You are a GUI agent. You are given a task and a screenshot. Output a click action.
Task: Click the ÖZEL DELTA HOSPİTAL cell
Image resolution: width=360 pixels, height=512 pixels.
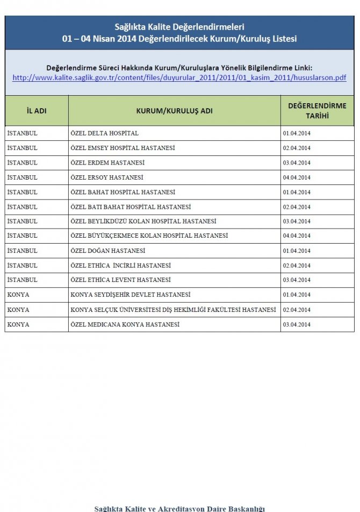coord(104,133)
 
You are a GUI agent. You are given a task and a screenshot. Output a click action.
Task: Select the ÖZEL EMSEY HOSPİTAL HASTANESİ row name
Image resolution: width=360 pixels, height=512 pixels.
coord(123,148)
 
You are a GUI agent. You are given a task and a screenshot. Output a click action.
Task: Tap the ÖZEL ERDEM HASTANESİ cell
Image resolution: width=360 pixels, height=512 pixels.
coord(107,162)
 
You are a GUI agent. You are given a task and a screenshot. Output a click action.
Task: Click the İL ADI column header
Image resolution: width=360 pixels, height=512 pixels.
coord(37,111)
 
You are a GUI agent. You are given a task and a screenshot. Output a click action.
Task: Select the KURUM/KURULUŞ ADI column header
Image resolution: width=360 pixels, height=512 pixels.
coord(174,111)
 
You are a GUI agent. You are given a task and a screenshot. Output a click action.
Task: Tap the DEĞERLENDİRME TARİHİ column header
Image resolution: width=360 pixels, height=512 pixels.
coord(317,111)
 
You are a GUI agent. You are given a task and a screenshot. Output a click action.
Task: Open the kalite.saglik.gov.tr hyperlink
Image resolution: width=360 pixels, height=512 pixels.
coord(179,77)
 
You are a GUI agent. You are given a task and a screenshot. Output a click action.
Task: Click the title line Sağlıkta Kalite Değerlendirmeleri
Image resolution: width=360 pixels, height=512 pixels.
coord(179,26)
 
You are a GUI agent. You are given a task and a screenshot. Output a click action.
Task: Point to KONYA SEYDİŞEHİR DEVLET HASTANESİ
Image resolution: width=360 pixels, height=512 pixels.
coord(131,295)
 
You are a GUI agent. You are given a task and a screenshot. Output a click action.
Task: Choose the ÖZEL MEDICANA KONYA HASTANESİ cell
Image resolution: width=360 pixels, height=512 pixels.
coord(125,324)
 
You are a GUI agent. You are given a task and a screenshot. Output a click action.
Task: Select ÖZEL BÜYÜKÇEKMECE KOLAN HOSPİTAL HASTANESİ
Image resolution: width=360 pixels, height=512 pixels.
coord(149,236)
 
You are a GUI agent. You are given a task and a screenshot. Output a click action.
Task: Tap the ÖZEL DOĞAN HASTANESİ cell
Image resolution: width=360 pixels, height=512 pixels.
coord(107,251)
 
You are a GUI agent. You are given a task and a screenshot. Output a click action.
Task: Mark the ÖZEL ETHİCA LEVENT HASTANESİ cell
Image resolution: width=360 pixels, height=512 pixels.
coord(120,280)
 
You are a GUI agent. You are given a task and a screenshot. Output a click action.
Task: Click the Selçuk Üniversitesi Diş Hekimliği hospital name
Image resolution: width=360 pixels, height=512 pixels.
coord(173,310)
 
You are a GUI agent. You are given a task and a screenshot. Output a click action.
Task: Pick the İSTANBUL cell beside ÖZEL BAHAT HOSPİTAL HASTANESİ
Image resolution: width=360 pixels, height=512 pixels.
coord(23,192)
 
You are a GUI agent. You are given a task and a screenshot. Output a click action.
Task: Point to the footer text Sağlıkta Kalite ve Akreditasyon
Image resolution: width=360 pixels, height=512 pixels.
coord(179,508)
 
